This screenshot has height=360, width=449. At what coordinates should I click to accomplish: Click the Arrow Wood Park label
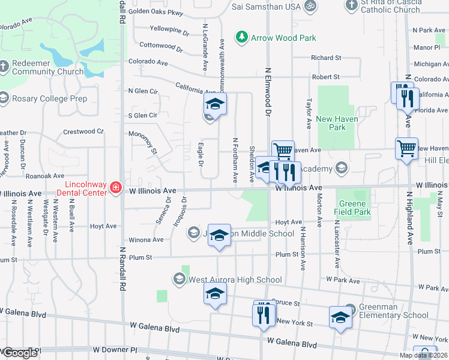pos(283,38)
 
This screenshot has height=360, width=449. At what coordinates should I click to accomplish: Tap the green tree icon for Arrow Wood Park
pos(242,37)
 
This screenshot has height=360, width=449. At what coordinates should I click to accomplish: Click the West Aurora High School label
pos(235,280)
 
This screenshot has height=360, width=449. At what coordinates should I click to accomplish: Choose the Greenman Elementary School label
pos(394,311)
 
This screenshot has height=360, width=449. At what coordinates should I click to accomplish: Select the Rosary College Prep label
pos(49,98)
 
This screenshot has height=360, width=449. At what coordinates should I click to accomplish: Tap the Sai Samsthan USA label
pos(266,7)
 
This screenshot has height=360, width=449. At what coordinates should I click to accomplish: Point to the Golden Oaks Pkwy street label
pos(155,11)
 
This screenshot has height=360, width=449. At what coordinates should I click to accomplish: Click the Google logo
pos(20,353)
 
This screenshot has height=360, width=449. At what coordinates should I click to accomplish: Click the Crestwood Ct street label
pos(83,131)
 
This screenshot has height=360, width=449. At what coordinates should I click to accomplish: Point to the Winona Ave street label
pos(147,239)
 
